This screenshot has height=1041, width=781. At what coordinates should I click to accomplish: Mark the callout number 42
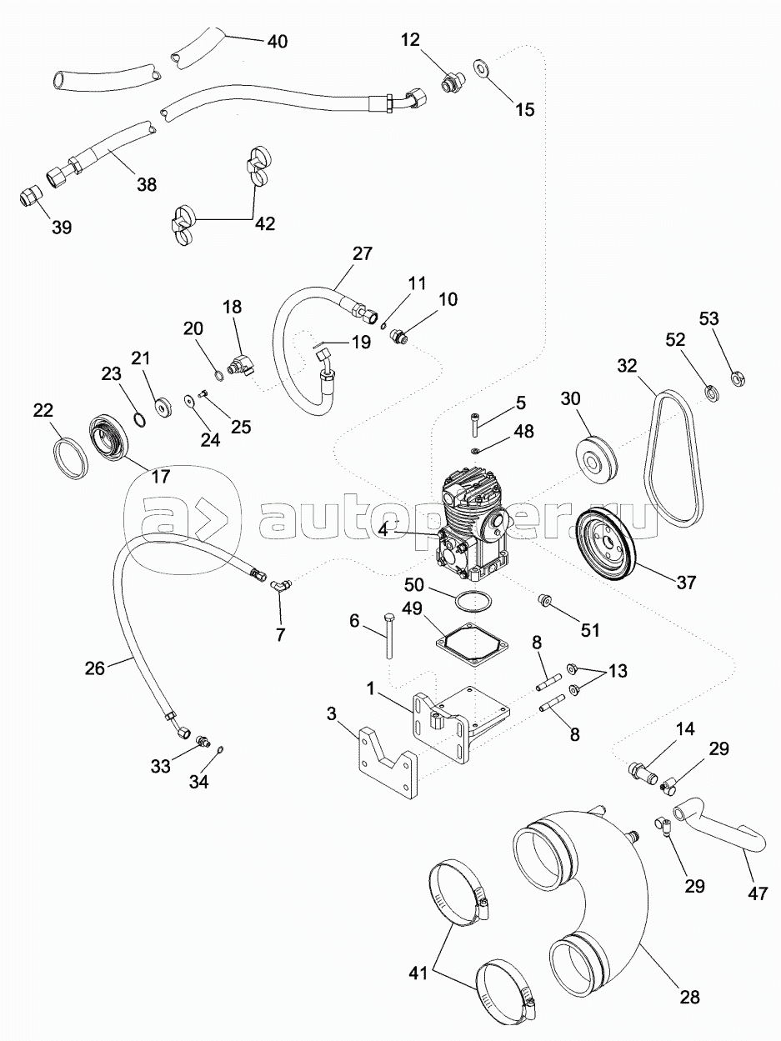[x=264, y=223]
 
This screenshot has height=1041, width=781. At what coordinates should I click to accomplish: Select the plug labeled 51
[x=546, y=600]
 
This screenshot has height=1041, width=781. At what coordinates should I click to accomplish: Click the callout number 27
[x=363, y=254]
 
